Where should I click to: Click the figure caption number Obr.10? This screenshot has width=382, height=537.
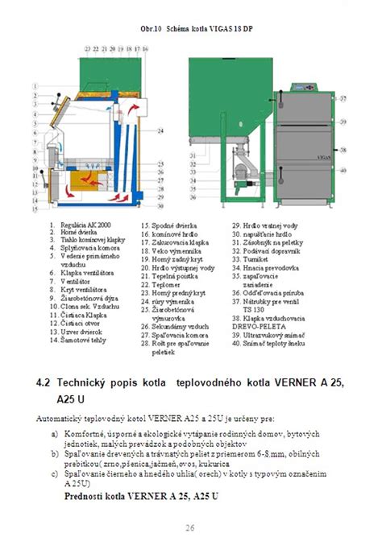[x=151, y=28]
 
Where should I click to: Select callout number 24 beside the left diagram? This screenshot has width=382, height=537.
[x=161, y=130]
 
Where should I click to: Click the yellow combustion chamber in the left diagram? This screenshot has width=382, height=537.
[x=94, y=180]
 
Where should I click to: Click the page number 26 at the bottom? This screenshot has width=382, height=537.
[x=190, y=528]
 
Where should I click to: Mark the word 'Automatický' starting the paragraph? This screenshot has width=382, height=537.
[x=67, y=419]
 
